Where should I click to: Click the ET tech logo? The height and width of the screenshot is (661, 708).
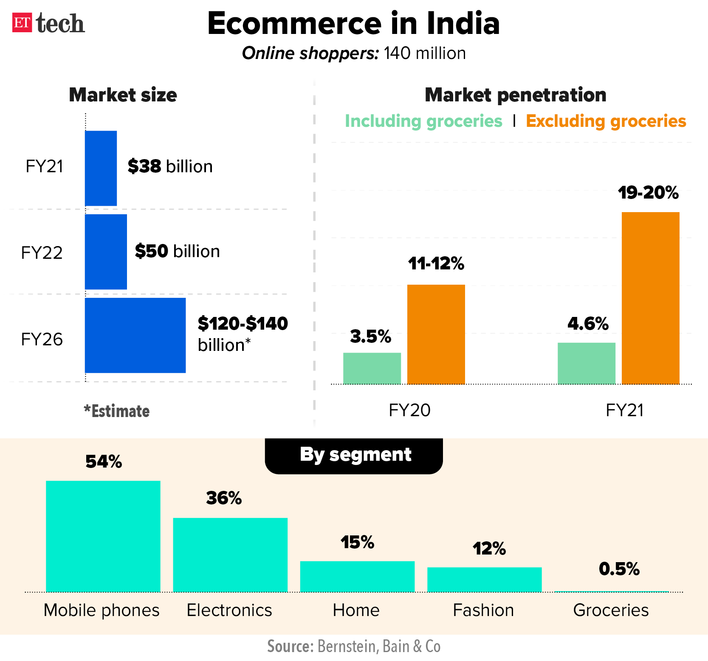pos(48,23)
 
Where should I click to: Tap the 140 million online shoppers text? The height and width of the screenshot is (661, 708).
pos(353,53)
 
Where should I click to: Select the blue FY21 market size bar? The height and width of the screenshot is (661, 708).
pos(101,168)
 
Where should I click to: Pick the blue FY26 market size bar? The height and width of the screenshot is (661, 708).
pos(135,335)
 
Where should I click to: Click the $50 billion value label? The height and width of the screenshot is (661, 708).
pos(177,251)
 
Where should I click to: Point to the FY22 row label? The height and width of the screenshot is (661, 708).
pos(42,253)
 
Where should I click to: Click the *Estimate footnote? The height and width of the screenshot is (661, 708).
pos(117,411)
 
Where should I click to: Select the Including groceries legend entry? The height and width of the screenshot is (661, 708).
pos(423,121)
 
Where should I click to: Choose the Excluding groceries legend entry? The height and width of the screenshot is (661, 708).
pos(606,121)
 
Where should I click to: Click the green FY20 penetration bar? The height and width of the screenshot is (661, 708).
pos(372,368)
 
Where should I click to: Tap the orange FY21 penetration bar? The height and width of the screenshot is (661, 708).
pos(650,298)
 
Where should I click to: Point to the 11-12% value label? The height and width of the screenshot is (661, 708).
pos(436,263)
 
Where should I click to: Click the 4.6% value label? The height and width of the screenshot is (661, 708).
pos(588,324)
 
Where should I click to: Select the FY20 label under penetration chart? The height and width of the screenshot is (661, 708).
pos(409,410)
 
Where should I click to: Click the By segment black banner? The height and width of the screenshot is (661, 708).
pos(354,455)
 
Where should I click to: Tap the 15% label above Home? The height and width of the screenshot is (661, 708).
pos(357,542)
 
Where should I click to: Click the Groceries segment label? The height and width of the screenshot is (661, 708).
pos(611,610)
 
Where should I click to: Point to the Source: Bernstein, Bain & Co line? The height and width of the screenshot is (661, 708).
pos(353,646)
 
